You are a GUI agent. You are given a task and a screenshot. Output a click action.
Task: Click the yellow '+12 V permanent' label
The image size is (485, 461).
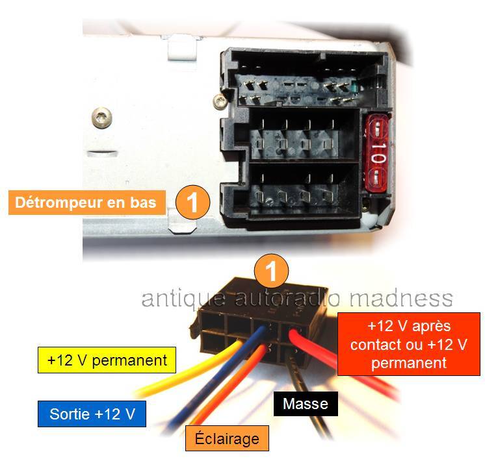[x=107, y=360]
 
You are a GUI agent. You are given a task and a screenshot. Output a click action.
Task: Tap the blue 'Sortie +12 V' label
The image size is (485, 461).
[x=92, y=414]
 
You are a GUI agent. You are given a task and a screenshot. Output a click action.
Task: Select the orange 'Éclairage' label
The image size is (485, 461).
[x=227, y=438]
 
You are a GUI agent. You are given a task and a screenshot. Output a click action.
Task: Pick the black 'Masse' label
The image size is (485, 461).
[x=306, y=403]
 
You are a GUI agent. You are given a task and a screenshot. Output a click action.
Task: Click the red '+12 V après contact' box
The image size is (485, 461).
[x=408, y=344]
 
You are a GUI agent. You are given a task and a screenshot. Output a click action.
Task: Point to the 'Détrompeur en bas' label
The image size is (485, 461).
[x=87, y=203]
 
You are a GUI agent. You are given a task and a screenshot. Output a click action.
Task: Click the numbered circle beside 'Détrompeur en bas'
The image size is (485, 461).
[x=192, y=203]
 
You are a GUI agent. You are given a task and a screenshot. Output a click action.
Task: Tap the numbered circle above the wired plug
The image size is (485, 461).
[x=271, y=271]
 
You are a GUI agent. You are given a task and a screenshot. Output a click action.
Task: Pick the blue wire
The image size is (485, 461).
[x=216, y=380]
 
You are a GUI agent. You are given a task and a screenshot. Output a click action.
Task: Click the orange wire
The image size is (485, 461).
[x=229, y=386]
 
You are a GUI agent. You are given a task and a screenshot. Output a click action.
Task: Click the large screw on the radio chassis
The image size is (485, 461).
[x=102, y=117]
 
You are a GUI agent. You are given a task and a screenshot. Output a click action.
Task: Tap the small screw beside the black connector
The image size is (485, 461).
[x=220, y=101]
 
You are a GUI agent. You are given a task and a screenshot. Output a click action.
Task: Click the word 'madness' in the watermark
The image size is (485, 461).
[x=401, y=299]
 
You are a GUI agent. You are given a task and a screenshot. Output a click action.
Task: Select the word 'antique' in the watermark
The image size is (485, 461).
[x=184, y=299]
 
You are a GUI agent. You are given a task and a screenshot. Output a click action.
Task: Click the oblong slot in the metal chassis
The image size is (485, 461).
[x=102, y=154]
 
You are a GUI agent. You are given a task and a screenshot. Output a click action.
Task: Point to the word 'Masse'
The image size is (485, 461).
[x=306, y=403]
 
